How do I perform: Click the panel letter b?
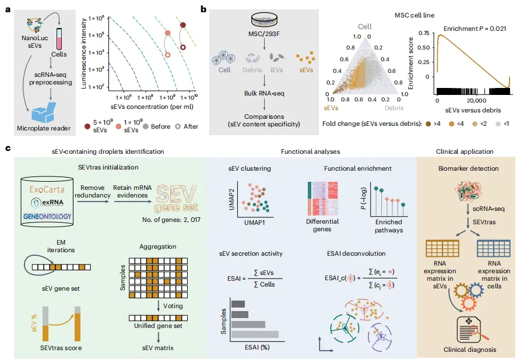coord(203,9)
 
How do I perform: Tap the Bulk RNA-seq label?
coord(263,93)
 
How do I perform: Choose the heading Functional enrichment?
coord(358,169)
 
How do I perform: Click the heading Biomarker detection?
coord(468,169)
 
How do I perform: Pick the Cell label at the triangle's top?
coord(365,27)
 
